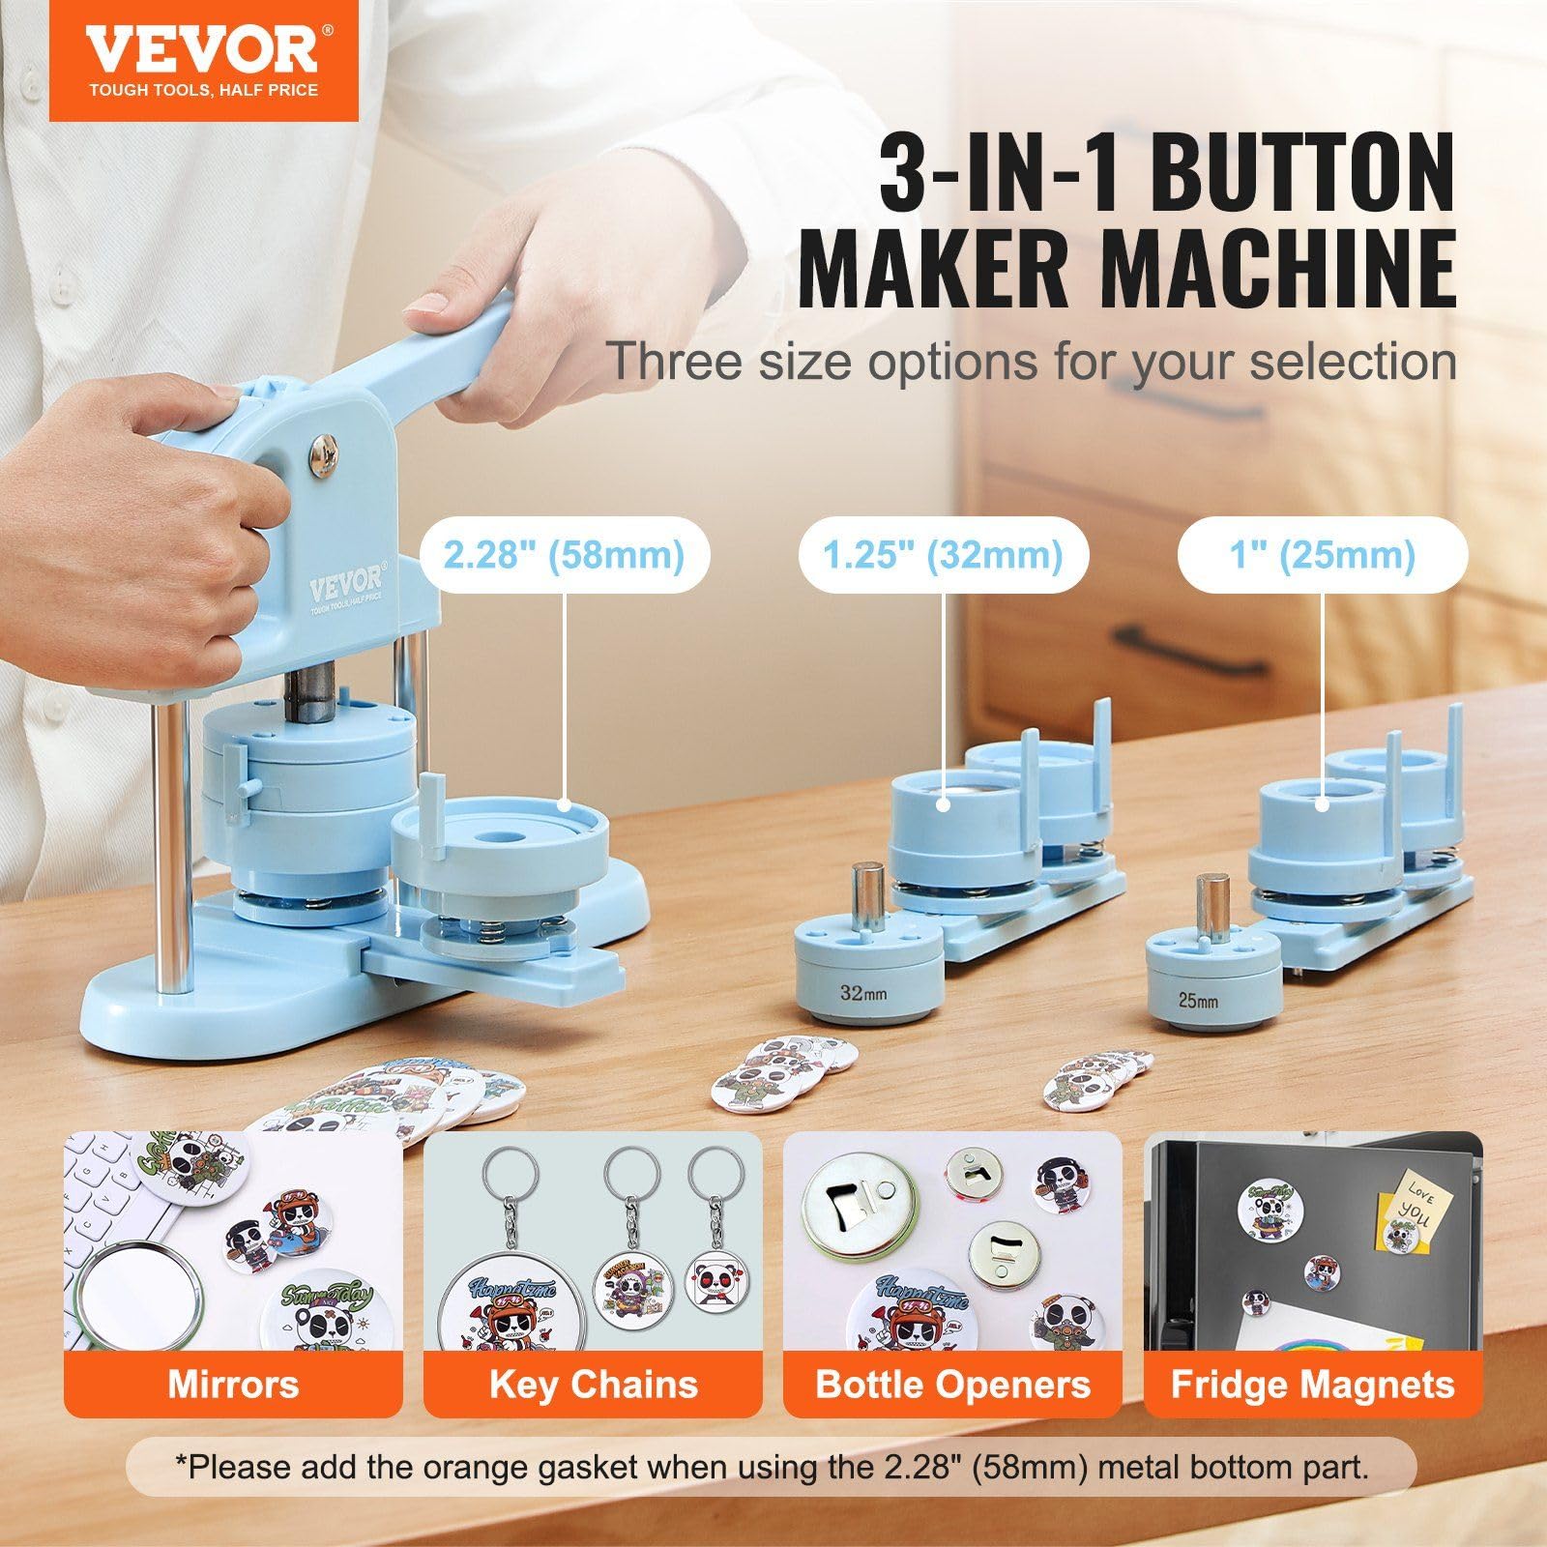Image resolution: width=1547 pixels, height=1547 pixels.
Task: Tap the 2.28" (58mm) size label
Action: tap(564, 555)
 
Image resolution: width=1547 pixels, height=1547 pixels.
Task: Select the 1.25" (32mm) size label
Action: tap(943, 555)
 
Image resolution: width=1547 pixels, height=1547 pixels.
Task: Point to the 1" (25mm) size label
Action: tap(1322, 555)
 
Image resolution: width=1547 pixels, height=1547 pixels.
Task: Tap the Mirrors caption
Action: tap(233, 1385)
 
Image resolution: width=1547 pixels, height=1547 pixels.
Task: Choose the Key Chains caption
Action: tap(593, 1385)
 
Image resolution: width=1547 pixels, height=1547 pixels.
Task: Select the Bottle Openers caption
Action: tap(952, 1385)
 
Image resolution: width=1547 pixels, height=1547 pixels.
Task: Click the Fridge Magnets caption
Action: tap(1312, 1385)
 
